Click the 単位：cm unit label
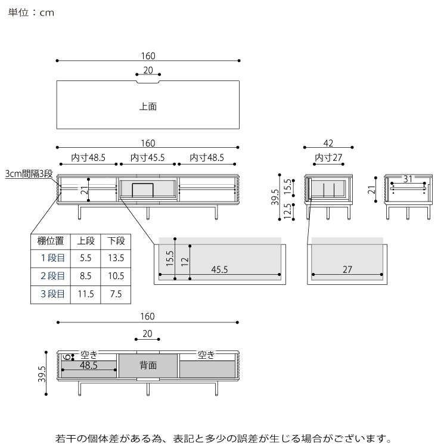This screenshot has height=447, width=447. coord(32,13)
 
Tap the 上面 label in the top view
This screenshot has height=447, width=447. coord(148,107)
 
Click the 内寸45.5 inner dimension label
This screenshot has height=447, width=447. coord(148,158)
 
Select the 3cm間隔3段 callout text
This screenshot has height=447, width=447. coord(29,174)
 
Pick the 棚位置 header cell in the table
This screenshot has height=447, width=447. coord(51,241)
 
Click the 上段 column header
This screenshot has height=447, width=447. coord(85,241)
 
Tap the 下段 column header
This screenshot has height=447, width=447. coord(116,241)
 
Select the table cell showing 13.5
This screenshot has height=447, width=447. coord(116,259)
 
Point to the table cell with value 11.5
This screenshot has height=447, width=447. coord(85,294)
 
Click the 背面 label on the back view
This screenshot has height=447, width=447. coord(148,365)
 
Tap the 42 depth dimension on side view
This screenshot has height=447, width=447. coord(328,143)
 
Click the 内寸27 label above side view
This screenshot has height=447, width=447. coord(328,158)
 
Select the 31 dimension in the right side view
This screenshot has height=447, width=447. coord(408,179)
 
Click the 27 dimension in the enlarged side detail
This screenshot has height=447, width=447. coord(347,269)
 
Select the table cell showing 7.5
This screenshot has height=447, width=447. coord(116,294)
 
